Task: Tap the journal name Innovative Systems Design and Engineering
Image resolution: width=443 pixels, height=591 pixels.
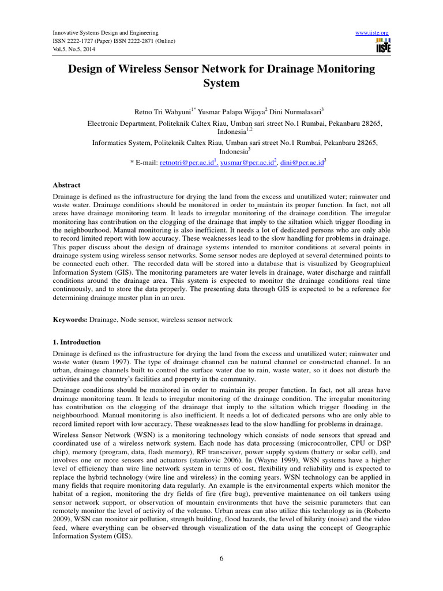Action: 106,33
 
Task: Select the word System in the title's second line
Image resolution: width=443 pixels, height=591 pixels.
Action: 221,83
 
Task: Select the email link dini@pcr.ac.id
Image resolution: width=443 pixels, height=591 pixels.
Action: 301,163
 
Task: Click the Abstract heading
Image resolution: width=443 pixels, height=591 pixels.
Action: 66,186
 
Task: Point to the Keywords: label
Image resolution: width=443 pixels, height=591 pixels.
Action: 70,319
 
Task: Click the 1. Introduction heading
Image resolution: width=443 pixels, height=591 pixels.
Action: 77,342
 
